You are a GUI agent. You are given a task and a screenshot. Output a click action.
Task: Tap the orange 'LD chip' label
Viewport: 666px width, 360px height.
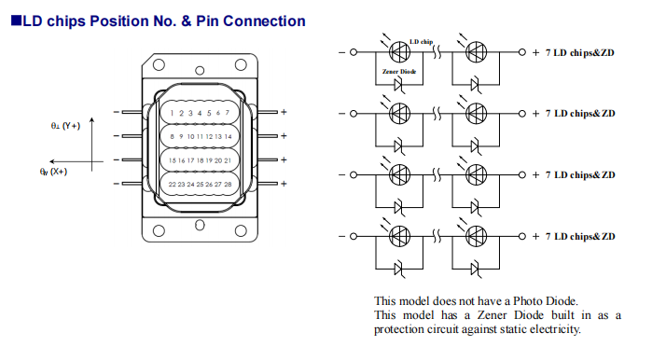(422, 42)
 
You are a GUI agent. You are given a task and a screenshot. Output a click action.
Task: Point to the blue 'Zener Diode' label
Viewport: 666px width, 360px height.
(398, 72)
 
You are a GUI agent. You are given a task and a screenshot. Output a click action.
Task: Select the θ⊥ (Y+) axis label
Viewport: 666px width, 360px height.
(65, 125)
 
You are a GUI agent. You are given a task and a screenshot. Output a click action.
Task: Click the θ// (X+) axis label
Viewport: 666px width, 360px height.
(54, 172)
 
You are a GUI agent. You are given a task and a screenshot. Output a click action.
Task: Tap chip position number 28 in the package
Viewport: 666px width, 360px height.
(227, 185)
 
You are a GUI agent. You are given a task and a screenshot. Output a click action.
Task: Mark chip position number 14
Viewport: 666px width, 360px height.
(227, 137)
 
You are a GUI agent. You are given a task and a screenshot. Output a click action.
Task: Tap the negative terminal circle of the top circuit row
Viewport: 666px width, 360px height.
(354, 53)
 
